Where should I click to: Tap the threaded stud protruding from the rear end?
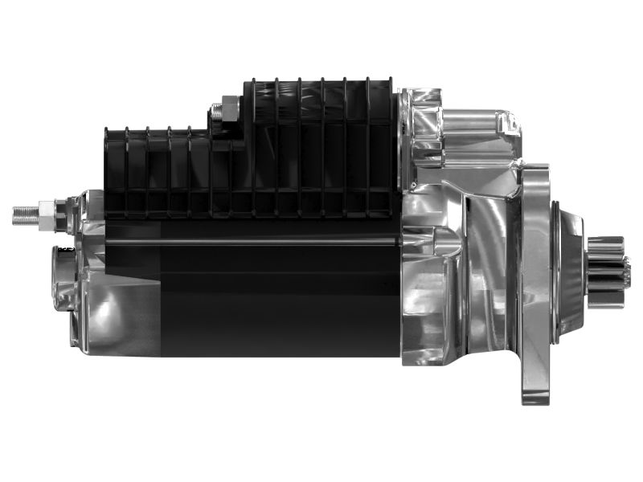(x=29, y=214)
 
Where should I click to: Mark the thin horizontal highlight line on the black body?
(x=249, y=240)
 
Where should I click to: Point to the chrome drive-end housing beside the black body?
(x=450, y=281)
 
